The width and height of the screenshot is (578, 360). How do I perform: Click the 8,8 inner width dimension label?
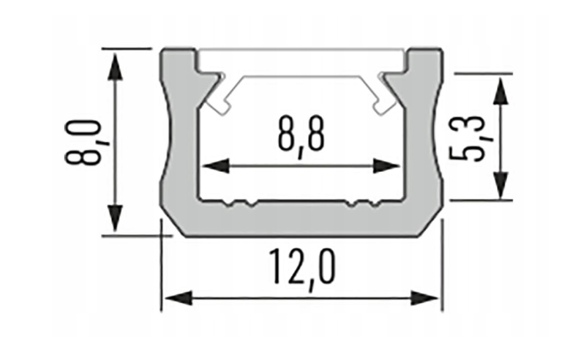[301, 136]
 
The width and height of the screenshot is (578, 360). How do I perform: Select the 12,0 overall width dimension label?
[302, 267]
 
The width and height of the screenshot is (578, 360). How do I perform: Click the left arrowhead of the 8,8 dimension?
[216, 166]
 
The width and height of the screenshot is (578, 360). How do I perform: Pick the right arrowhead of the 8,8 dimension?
[386, 166]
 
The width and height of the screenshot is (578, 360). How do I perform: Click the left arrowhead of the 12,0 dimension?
[178, 298]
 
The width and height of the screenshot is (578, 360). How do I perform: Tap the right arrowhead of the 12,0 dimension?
[425, 298]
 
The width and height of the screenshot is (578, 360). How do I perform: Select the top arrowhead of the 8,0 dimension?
[116, 66]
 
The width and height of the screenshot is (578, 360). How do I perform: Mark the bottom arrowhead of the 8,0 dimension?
[116, 218]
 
